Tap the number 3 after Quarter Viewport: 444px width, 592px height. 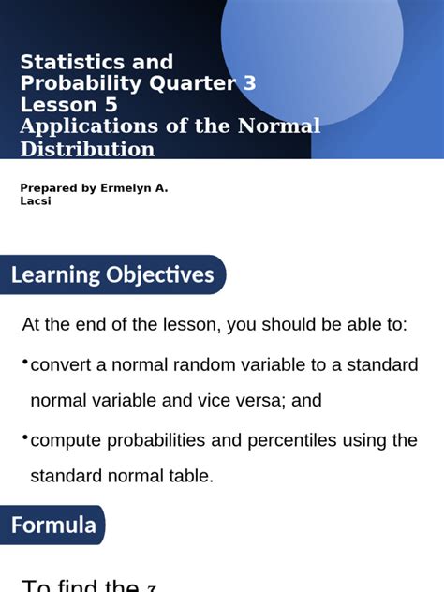[249, 83]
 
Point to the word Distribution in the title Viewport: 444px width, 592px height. [88, 149]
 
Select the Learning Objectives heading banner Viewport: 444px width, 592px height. [112, 275]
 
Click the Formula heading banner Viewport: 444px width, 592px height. [53, 525]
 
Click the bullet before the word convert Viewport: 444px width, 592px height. [24, 362]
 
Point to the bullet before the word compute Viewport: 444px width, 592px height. [24, 437]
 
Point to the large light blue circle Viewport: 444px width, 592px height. [311, 47]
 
